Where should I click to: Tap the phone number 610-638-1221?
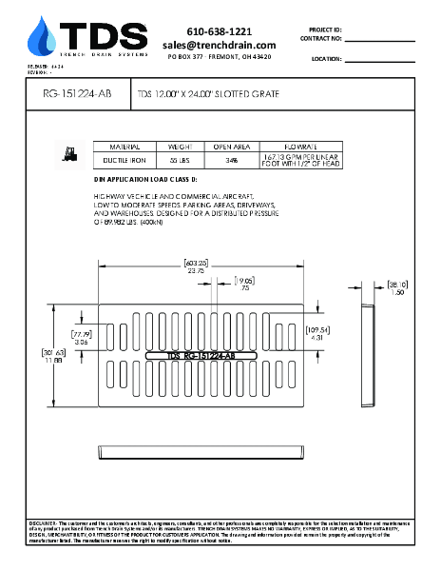(219, 31)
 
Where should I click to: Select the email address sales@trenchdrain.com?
(219, 45)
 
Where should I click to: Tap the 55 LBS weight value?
(181, 161)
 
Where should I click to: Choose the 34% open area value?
(231, 161)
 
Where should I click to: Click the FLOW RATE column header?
(299, 148)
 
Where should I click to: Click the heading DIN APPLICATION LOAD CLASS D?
(144, 179)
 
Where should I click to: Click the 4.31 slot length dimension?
(320, 337)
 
